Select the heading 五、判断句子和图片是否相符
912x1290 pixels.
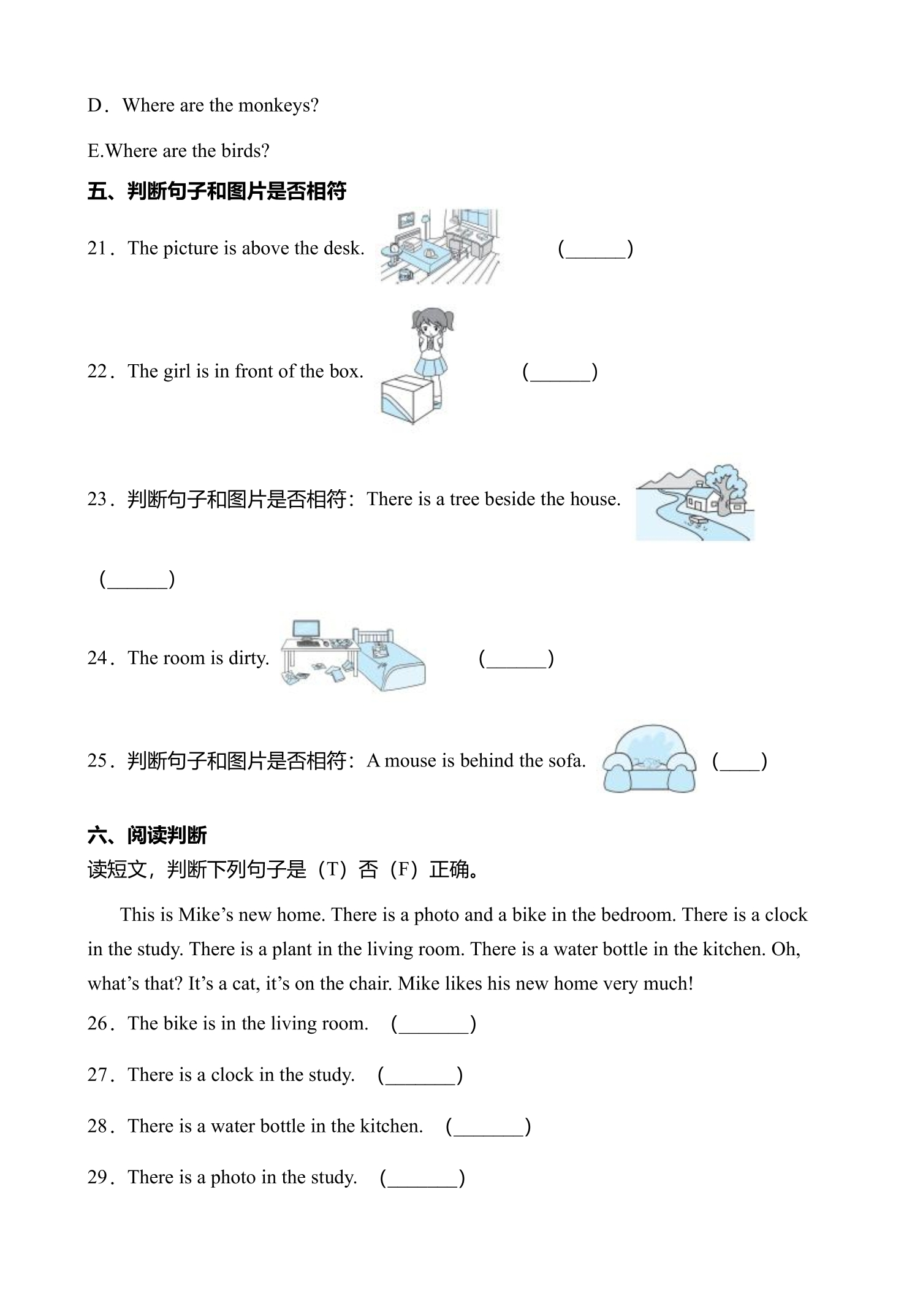pos(217,191)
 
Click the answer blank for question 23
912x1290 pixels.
pos(137,579)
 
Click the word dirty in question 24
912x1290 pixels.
pos(249,658)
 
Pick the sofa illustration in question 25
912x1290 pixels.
pos(649,758)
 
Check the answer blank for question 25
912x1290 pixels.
pos(740,761)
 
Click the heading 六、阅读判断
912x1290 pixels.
pos(148,835)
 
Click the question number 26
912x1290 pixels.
pos(98,1023)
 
